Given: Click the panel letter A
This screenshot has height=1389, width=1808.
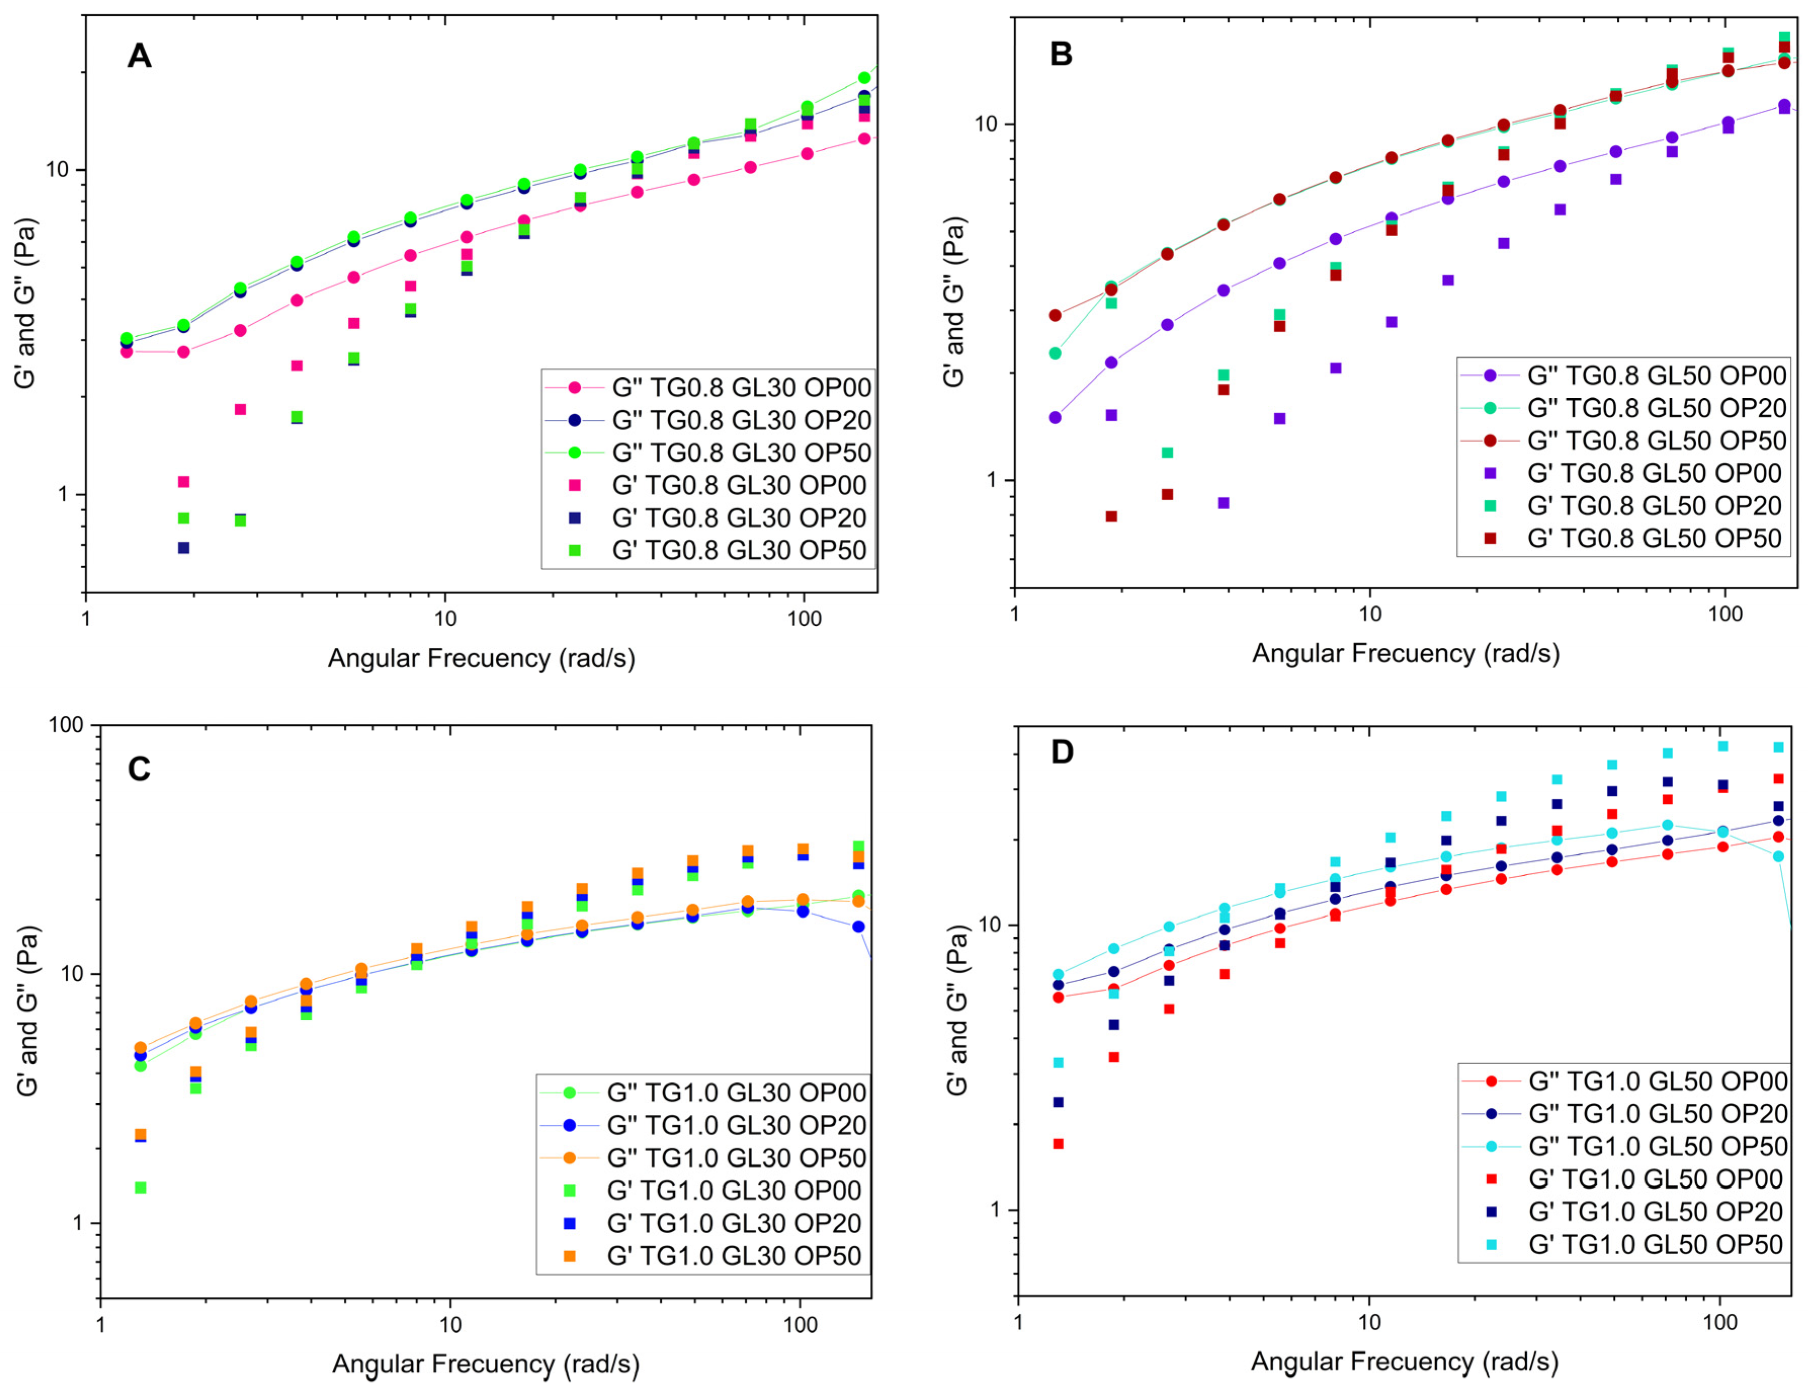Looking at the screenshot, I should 139,56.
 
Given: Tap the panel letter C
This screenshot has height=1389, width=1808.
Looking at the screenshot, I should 139,769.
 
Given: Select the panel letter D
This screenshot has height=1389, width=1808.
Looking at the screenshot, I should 1061,752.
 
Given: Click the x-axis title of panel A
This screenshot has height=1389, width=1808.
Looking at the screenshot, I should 481,658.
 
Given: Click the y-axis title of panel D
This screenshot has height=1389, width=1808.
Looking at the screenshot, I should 957,1010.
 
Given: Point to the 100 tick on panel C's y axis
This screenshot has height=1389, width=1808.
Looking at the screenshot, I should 66,725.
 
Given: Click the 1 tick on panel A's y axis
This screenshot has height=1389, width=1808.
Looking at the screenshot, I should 61,494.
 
